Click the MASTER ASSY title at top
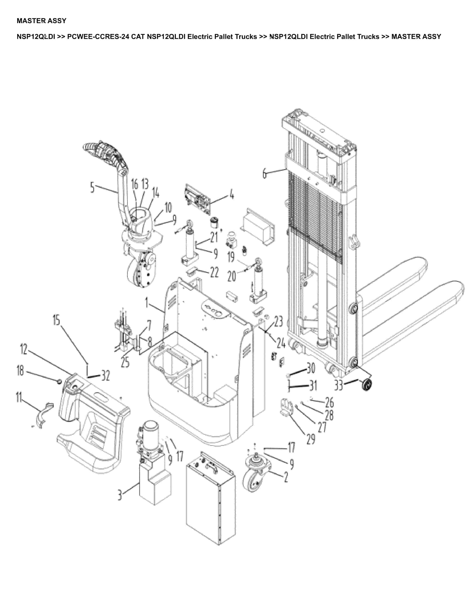(x=41, y=21)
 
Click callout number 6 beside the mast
(x=265, y=173)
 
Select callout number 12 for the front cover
(x=24, y=349)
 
